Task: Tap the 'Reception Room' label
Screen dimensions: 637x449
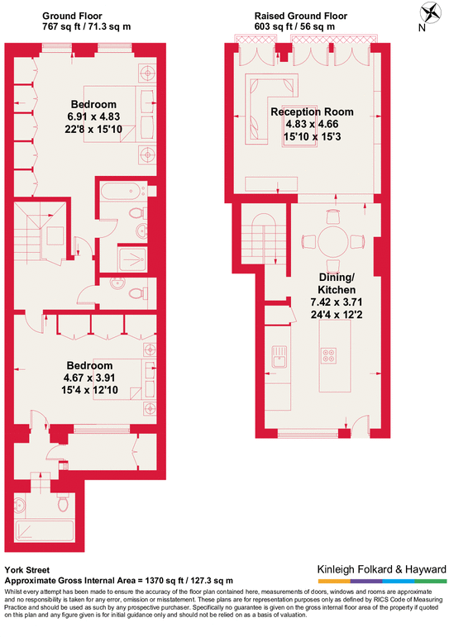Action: (x=312, y=112)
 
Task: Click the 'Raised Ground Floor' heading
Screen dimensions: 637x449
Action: (x=299, y=16)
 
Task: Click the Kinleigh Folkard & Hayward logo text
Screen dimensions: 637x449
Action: (x=382, y=569)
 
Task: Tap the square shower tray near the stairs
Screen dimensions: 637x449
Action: (x=130, y=259)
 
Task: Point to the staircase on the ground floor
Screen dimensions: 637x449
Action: (x=41, y=230)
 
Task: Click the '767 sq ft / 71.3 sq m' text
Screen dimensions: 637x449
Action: (x=86, y=27)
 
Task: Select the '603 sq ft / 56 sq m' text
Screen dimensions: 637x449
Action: (x=294, y=27)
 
